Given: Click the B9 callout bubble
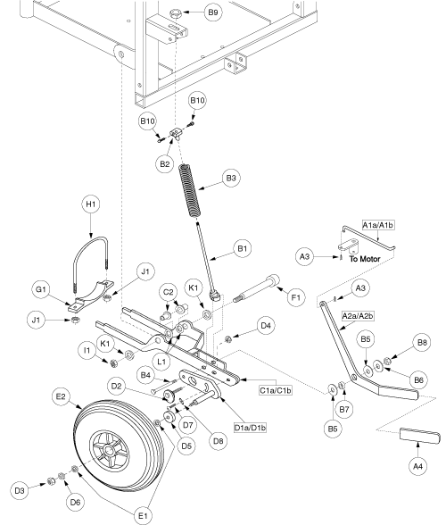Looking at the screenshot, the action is [x=213, y=12].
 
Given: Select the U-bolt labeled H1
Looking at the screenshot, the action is [x=90, y=263].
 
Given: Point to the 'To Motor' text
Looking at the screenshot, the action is [x=365, y=259].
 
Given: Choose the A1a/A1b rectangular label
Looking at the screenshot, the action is [x=377, y=225].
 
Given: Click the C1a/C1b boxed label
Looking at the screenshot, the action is [x=276, y=390].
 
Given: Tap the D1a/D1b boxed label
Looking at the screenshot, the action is [x=251, y=428].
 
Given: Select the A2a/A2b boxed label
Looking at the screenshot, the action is [x=358, y=316].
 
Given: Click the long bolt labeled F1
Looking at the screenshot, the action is [x=257, y=288].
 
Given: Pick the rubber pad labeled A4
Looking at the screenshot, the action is [x=420, y=436].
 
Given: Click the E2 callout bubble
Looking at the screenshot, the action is [x=61, y=396].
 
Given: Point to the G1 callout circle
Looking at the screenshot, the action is [x=41, y=289].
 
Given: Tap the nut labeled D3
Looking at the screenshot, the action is [x=51, y=481].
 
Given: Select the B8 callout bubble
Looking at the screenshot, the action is [x=422, y=343].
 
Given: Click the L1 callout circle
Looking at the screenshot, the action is [x=161, y=362].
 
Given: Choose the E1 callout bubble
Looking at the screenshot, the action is [x=143, y=515].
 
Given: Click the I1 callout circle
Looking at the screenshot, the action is [x=87, y=351].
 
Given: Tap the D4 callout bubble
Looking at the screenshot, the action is [x=266, y=325].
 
